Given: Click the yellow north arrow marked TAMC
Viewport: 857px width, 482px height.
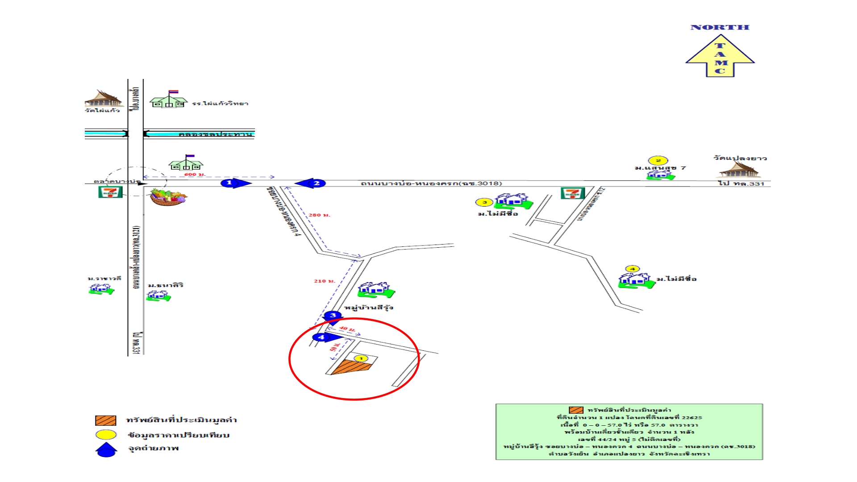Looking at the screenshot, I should [720, 56].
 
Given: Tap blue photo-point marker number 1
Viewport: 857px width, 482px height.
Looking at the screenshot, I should [230, 183].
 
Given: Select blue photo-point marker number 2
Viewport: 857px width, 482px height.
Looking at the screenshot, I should [316, 183].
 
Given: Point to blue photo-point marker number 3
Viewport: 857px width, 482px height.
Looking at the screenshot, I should [333, 316].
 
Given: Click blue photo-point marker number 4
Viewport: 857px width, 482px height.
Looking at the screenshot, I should [321, 337].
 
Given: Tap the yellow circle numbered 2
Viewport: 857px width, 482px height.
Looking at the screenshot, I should [658, 161].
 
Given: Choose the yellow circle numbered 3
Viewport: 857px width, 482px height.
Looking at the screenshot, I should [484, 203].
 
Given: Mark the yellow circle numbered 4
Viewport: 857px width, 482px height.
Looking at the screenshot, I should [632, 269].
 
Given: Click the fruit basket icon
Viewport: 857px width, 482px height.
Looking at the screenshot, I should [168, 197].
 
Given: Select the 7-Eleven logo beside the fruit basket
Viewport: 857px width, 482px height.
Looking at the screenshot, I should [110, 192].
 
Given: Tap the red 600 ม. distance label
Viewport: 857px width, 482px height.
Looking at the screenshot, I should [195, 175].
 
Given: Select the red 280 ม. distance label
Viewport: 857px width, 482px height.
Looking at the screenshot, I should [319, 215].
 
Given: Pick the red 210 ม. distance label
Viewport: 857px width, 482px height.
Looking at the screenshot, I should [324, 281].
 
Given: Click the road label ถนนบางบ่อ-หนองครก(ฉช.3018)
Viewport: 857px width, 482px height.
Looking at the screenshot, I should [431, 183].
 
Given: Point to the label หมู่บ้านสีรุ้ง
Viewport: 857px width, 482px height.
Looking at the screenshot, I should [368, 307].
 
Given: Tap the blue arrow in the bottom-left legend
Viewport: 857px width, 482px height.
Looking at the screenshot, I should [106, 449].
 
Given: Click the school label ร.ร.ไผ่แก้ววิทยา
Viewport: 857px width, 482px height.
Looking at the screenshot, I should [220, 104].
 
